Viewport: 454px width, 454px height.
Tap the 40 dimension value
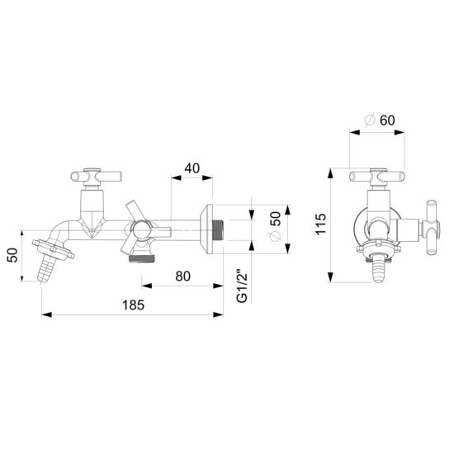(192, 168)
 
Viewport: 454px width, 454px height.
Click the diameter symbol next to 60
(368, 121)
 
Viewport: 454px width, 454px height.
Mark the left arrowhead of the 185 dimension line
(45, 314)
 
